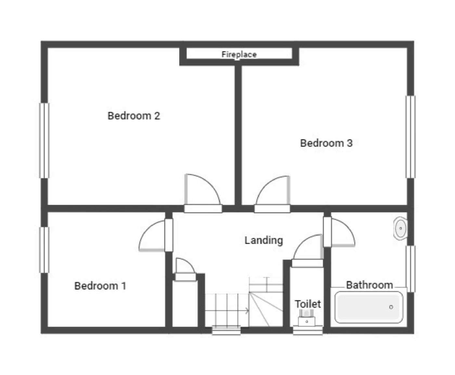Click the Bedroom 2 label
coord(134,116)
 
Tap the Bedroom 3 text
coord(326,143)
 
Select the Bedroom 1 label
coord(100,286)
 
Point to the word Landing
coord(264,240)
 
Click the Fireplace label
coord(239,54)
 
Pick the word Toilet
coord(307,304)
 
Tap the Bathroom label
coord(370,285)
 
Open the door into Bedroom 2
coord(201,192)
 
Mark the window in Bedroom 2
coord(44,140)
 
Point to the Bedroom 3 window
coord(411,137)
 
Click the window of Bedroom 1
coord(44,250)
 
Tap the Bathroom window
coord(411,269)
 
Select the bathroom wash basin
coord(400,228)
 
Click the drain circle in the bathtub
coord(391,307)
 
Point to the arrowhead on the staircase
coord(248,311)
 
